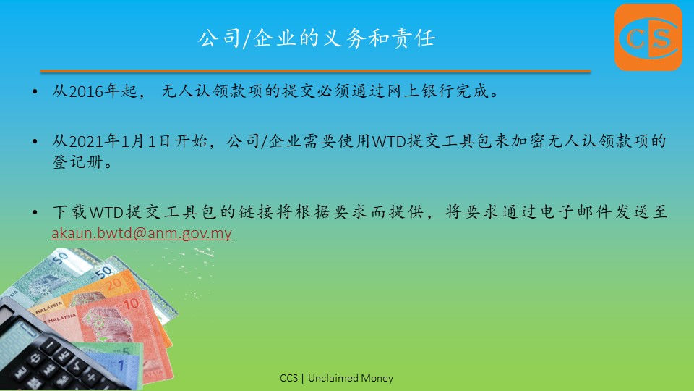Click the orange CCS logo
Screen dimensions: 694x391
[x=648, y=37]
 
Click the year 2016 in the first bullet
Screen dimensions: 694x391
[x=86, y=91]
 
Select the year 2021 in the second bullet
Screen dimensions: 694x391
[x=86, y=141]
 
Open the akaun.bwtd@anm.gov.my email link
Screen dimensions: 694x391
[x=142, y=233]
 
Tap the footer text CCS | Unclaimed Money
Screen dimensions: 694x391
[x=336, y=378]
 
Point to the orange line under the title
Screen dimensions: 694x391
[x=316, y=71]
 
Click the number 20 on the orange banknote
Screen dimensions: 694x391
[x=113, y=284]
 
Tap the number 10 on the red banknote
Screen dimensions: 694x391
[x=131, y=305]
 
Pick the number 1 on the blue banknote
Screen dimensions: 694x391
[x=121, y=365]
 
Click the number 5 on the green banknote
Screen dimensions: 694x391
[x=126, y=351]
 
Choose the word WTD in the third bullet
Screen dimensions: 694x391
[x=106, y=212]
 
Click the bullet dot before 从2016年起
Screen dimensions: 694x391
[x=35, y=92]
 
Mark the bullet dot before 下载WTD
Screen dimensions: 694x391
[x=35, y=213]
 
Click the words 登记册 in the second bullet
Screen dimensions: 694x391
[x=78, y=161]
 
